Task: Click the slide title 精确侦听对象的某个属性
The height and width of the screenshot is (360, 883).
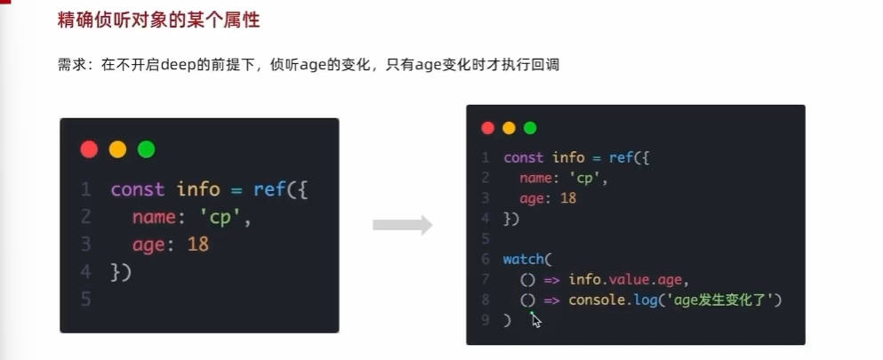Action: [158, 19]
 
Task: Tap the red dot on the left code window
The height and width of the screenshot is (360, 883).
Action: [89, 149]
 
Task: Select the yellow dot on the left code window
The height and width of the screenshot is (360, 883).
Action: [117, 149]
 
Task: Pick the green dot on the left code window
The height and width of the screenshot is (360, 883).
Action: [146, 149]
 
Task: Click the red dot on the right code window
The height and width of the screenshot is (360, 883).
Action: [487, 128]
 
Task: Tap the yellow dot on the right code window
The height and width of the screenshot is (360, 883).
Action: [509, 128]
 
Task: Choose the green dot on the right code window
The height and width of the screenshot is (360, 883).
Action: [530, 128]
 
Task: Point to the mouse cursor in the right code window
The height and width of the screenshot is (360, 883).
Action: [535, 320]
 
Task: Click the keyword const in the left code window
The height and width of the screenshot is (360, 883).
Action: [137, 189]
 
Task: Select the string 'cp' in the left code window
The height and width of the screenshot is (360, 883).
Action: [230, 217]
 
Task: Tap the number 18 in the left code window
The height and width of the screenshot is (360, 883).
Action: [197, 244]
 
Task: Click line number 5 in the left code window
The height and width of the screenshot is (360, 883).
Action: [85, 299]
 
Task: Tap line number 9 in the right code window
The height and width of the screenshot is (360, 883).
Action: [486, 320]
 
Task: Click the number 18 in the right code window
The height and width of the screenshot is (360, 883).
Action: [567, 198]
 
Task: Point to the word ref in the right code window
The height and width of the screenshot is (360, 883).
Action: [621, 157]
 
